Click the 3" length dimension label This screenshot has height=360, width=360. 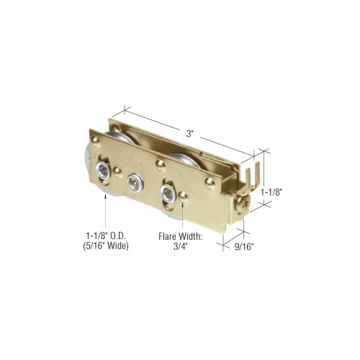(x=190, y=134)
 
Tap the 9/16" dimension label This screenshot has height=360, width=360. (x=244, y=247)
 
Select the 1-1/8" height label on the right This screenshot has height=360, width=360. (x=271, y=192)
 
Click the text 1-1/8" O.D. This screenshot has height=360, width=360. (x=106, y=236)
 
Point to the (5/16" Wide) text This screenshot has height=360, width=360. (x=106, y=246)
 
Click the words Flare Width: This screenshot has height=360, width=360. (x=180, y=237)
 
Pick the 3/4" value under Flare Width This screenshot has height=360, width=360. (x=180, y=246)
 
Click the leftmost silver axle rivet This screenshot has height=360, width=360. (x=102, y=170)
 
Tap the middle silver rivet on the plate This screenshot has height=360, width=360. (x=135, y=182)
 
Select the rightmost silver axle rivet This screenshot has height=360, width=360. (x=168, y=193)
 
